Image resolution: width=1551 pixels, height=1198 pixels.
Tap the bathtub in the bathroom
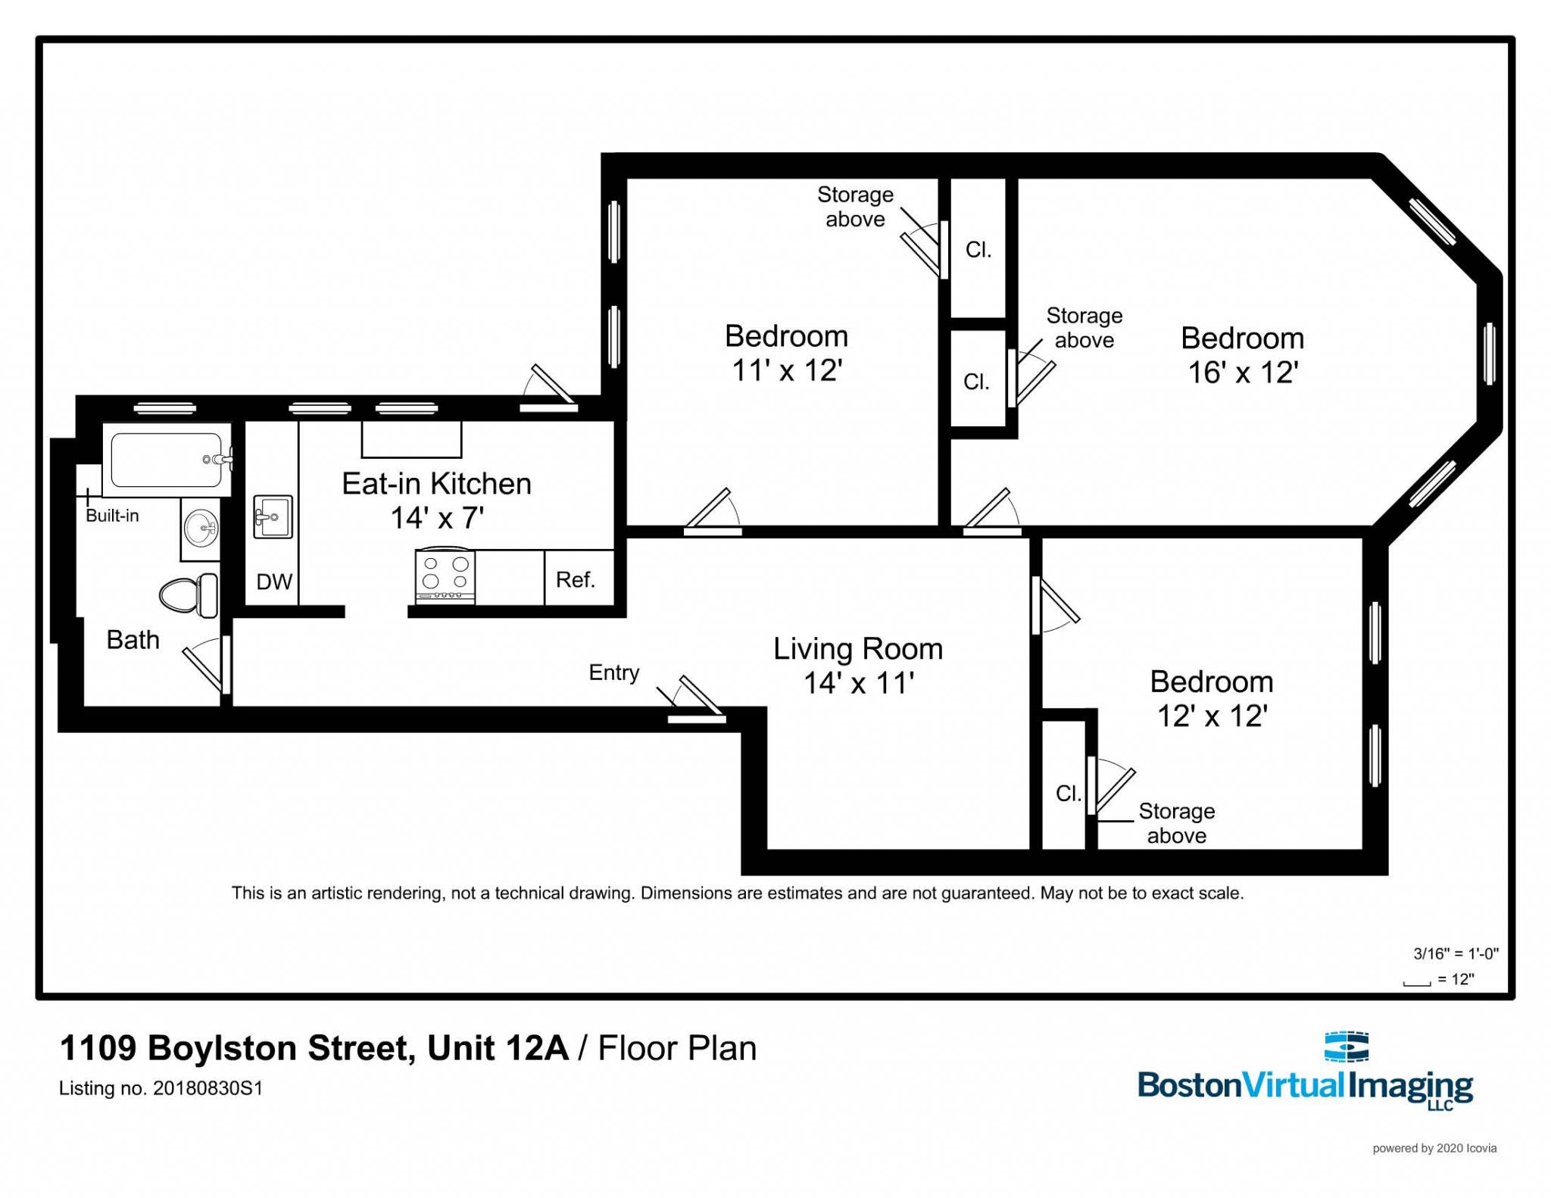click(x=167, y=460)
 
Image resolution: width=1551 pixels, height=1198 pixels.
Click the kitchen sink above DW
click(x=272, y=517)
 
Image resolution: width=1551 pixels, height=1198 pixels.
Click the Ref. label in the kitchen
click(x=576, y=580)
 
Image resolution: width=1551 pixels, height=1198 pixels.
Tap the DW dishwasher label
click(x=274, y=582)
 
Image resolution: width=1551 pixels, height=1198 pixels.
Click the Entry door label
click(x=614, y=672)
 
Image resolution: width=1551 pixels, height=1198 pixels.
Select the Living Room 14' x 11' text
click(x=858, y=666)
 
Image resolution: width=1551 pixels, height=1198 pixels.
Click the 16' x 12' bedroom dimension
click(x=1243, y=373)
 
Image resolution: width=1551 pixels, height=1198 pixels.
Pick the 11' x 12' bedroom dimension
click(x=787, y=370)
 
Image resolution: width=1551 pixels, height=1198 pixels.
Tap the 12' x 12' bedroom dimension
click(x=1212, y=716)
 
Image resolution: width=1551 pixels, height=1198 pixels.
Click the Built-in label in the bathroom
click(x=112, y=516)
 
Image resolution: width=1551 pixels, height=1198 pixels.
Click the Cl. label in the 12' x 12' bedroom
click(x=1068, y=793)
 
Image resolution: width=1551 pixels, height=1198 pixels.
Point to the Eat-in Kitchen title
click(x=436, y=484)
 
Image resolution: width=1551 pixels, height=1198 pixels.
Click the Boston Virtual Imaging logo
click(x=1305, y=1075)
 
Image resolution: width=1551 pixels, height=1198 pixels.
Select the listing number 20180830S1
click(x=208, y=1088)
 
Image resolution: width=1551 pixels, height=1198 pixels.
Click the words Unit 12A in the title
click(x=498, y=1049)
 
